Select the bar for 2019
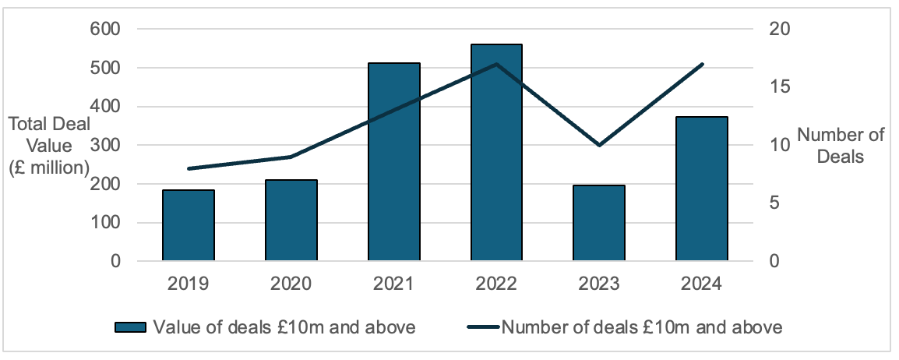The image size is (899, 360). (x=188, y=225)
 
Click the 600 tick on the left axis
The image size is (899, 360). (x=105, y=29)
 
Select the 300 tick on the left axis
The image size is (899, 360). (x=105, y=145)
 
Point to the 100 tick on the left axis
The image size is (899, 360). (x=105, y=223)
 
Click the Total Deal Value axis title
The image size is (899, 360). (x=48, y=146)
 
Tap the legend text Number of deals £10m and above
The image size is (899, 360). (x=642, y=327)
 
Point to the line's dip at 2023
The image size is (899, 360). (x=599, y=145)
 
